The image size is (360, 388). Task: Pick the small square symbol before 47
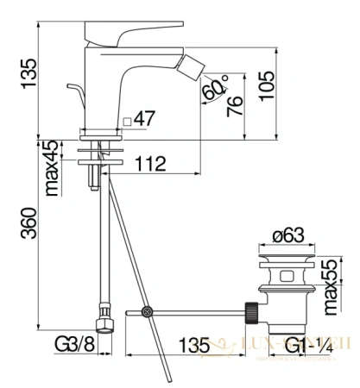coord(126,122)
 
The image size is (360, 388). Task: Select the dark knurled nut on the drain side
coord(253,308)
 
